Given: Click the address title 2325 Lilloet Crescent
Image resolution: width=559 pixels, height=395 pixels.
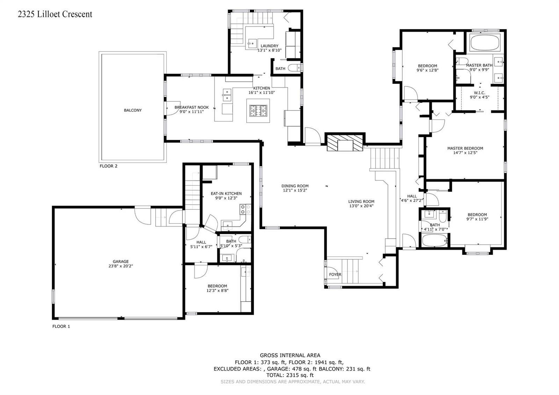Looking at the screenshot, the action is pos(55,14).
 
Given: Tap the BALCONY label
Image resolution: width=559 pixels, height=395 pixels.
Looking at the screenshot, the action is pos(133,110).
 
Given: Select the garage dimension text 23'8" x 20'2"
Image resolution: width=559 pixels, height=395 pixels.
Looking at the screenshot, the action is pos(121,266).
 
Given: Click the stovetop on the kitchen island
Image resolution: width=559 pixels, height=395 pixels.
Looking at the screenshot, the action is pos(258,110).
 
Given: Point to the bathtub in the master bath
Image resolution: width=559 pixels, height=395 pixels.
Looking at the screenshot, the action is pos(485,43).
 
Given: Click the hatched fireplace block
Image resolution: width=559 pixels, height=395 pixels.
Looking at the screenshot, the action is pos(345,143).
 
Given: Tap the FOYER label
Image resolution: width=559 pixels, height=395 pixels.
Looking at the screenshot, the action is pos(335,274).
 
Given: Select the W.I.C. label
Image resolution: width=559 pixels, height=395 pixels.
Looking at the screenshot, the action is pos(479,93).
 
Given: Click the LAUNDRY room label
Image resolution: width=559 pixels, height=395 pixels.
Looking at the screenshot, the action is pos(269,46).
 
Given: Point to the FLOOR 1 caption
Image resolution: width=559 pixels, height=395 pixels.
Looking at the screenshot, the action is pos(61,326).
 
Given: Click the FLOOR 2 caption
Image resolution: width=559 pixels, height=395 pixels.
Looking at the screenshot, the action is pos(108,166).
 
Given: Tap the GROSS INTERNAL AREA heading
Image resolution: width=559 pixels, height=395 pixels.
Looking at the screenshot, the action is pos(290,355).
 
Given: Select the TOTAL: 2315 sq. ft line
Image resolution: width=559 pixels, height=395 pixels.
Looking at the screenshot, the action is pos(290,375).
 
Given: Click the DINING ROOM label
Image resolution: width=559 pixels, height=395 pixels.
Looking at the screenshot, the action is pos(295,186).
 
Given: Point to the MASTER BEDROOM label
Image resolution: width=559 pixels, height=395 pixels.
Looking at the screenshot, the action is pos(465,148).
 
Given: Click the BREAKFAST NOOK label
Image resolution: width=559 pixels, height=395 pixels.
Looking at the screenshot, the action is pos(192,107).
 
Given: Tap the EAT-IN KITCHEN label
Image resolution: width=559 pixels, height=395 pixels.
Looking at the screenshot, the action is pos(226,194).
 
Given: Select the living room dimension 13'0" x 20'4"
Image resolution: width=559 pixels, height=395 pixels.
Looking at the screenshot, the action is pos(361,206).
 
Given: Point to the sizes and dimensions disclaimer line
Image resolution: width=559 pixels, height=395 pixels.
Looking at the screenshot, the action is pos(293,381).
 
